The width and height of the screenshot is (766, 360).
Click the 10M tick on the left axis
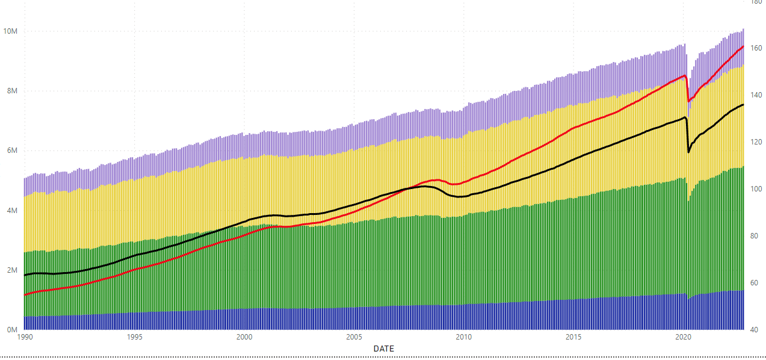click(10, 31)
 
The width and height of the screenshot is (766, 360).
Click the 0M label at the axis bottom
click(12, 330)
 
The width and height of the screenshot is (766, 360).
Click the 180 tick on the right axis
click(756, 2)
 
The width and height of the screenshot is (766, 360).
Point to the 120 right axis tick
click(756, 142)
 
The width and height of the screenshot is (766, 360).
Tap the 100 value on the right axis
click(756, 189)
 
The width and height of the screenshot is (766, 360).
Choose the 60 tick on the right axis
click(755, 283)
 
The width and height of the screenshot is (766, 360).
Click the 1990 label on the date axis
click(25, 338)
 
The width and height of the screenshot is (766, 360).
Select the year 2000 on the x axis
click(244, 338)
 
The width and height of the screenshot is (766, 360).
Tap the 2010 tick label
click(463, 338)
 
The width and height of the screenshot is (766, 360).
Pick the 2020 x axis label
click(682, 338)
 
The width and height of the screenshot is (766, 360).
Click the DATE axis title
click(384, 349)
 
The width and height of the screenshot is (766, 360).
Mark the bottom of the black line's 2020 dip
click(688, 152)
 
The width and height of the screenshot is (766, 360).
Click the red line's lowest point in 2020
click(688, 101)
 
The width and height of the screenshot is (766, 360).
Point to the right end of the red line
click(744, 46)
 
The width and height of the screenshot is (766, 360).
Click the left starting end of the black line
click(25, 275)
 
